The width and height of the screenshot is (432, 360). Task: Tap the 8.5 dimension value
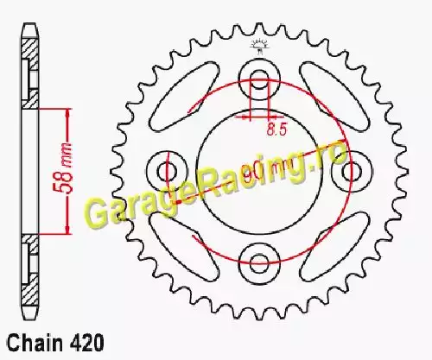276,129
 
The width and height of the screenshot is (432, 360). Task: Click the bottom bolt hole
259,263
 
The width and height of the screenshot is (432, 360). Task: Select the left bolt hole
168,171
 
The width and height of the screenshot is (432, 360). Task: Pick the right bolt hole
352,171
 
